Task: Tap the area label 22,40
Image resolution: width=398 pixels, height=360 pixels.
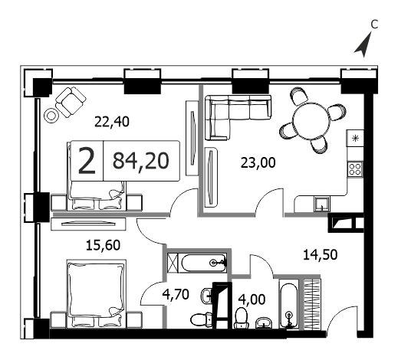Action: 112,122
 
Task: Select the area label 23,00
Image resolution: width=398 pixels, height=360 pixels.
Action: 258,162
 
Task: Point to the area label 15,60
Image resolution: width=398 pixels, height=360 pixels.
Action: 103,245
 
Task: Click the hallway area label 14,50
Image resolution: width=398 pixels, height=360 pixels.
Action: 320,255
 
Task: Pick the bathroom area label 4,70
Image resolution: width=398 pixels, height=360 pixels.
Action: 176,294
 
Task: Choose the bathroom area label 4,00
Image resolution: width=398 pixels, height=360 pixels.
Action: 252,299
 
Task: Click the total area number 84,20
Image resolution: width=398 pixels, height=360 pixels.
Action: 141,161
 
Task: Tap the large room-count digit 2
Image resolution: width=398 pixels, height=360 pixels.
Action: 87,161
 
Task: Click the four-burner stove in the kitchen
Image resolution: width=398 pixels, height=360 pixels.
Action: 355,169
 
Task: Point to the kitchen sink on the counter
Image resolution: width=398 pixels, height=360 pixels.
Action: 322,205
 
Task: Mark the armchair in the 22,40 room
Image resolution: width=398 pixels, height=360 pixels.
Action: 71,102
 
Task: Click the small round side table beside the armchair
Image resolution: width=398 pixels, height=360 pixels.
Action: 51,116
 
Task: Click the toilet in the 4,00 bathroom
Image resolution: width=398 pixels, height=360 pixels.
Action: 242,318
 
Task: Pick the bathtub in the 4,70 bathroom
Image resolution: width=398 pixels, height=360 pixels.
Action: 204,263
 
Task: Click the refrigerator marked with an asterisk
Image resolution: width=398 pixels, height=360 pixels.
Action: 355,138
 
